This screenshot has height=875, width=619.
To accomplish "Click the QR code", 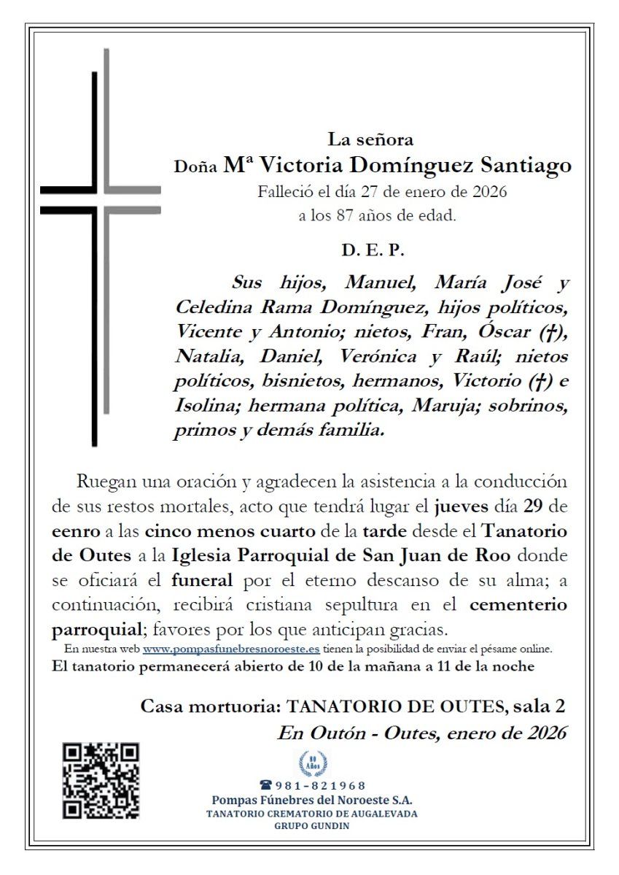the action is pos(101,780).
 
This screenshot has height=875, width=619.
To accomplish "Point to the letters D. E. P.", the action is pos(372,250).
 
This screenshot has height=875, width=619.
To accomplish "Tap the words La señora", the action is pos(371,139).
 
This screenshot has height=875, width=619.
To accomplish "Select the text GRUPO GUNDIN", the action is pos(312,826).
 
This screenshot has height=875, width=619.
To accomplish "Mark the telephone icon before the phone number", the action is pos(265,785).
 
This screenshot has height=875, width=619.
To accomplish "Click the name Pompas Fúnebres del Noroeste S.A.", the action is pos(312,800).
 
